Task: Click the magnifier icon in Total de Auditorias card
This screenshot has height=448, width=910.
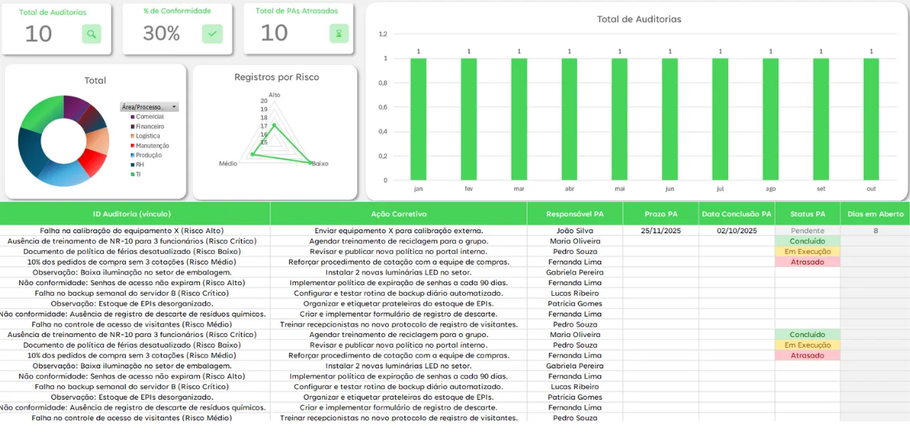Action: coord(91,33)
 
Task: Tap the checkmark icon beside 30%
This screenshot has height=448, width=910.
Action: coord(212,33)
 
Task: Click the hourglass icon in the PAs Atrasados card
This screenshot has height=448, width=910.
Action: coord(339,33)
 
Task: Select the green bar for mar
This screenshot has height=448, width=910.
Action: coord(519,119)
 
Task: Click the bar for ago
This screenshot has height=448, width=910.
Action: coord(771,119)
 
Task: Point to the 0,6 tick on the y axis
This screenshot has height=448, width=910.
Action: coord(382,107)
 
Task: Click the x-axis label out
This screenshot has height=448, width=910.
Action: coord(871,189)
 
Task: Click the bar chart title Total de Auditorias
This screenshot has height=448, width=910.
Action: coord(638,19)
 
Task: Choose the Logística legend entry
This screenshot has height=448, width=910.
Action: coord(148,136)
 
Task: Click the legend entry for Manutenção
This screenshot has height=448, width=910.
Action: coord(152,146)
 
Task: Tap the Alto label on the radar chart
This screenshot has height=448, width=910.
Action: coord(274,95)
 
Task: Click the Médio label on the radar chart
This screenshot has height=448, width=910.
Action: coord(228,164)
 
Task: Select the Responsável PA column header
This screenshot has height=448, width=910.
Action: coord(574,214)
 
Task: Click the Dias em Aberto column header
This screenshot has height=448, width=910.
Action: coord(874,214)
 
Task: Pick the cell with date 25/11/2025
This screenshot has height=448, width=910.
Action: coord(660,230)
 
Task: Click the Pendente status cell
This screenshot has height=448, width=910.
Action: coord(808,230)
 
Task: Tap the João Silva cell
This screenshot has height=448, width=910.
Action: coord(574,230)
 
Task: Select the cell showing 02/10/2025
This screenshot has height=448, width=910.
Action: coord(737,230)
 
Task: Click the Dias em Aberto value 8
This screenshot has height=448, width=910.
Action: coord(875,230)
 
